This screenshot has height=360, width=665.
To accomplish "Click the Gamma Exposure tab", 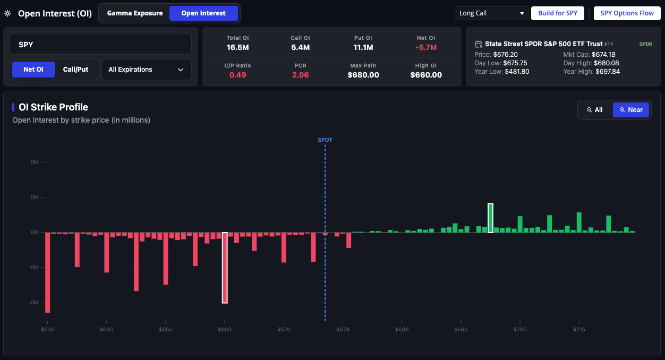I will coord(135,13).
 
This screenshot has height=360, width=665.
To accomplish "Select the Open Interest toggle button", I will coord(203,13).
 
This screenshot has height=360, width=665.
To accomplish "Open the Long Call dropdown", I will coord(491,13).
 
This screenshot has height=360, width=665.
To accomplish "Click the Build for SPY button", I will coord(558,13).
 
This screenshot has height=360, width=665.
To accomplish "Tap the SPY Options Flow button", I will coord(627,13).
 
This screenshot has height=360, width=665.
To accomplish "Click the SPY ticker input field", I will coord(100,45).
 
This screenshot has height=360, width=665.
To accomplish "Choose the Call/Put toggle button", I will coord(76,70).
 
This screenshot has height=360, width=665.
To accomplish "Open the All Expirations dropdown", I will coord(146,70).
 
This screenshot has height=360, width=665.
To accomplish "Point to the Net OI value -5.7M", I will coord(426,47).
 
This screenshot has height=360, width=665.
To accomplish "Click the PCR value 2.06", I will coord(301,75).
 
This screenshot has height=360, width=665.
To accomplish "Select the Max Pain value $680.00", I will coord(363,75).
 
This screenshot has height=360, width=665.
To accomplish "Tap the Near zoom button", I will coord(630,110).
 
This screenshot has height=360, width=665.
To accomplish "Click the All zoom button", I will coord(594,110).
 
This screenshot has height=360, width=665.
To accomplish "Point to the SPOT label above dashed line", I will coord(325,140).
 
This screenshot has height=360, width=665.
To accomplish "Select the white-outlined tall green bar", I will coord(490,218).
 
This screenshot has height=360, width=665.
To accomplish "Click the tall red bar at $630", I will coord(48,272).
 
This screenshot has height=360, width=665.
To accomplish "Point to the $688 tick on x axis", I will coord(402,330).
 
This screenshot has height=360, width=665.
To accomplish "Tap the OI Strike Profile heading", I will coord(53,107).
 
